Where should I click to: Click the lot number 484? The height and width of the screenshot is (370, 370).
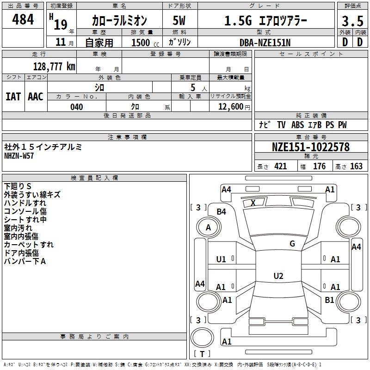(x=23, y=19)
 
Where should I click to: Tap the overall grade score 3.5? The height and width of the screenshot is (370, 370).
(x=352, y=21)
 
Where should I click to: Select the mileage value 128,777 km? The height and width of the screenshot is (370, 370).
(x=54, y=66)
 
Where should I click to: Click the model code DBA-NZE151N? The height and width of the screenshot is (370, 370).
(x=265, y=43)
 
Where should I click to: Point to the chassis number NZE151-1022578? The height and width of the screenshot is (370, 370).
(x=310, y=147)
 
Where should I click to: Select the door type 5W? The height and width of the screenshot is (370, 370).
(x=179, y=21)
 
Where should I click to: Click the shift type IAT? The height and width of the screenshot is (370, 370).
(x=13, y=96)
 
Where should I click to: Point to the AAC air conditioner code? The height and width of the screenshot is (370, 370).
(x=36, y=96)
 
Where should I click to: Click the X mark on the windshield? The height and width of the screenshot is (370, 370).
(x=253, y=203)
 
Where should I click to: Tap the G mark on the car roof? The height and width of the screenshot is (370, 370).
(x=292, y=244)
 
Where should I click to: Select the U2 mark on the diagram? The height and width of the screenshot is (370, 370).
(x=278, y=276)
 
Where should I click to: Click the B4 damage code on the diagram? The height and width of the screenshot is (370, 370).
(x=222, y=212)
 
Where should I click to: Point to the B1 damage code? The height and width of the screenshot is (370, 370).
(x=329, y=300)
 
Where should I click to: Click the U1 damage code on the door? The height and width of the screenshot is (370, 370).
(x=221, y=259)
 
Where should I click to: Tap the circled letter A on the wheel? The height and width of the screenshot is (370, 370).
(x=208, y=228)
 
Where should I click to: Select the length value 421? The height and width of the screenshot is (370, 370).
(x=280, y=166)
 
